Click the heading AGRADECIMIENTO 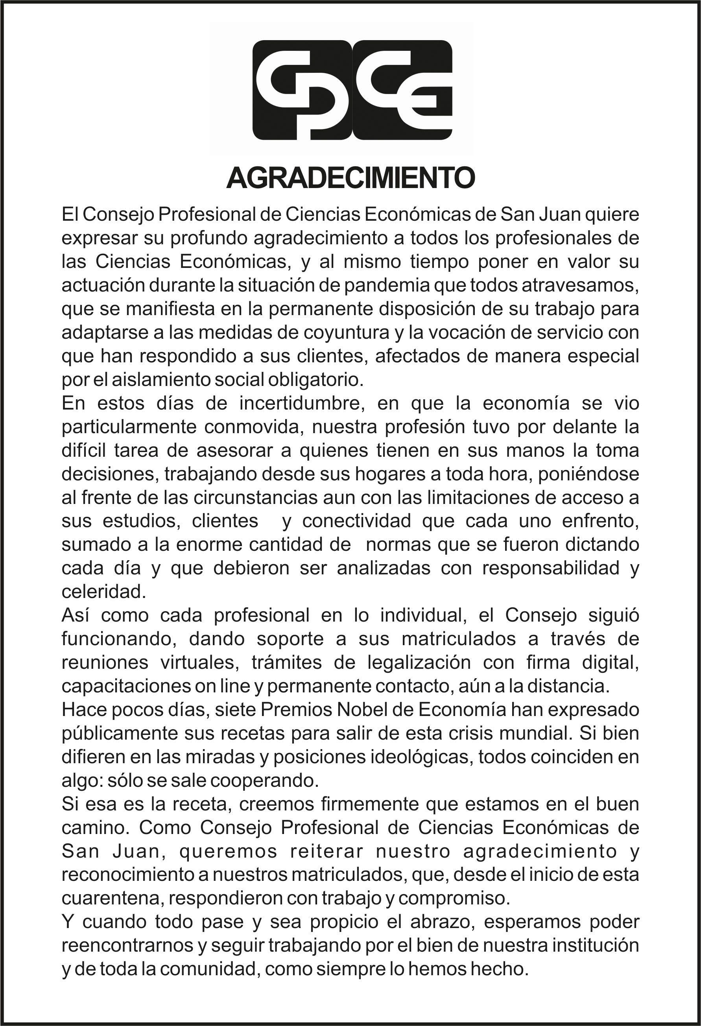350,178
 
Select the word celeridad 103,592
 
